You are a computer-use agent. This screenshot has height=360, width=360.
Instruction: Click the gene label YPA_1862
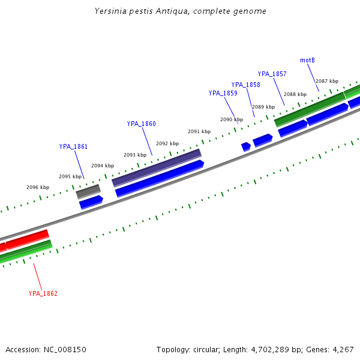[43, 293]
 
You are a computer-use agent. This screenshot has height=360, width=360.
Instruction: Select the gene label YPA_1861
[73, 146]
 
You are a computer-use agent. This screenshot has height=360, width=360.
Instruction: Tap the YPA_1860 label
[141, 124]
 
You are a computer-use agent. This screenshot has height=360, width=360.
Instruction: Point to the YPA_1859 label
[223, 93]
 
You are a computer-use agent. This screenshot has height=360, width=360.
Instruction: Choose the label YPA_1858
[245, 85]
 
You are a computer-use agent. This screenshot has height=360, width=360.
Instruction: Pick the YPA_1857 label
[272, 74]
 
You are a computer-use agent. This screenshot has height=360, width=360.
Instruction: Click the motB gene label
[307, 60]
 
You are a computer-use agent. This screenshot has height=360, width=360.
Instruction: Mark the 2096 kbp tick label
[37, 187]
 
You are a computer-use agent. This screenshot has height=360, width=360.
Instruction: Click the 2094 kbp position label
[102, 166]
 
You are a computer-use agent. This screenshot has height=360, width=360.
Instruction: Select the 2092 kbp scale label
[167, 143]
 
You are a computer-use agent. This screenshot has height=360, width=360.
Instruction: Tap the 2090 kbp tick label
[231, 119]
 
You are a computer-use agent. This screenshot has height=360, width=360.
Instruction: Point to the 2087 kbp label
[327, 81]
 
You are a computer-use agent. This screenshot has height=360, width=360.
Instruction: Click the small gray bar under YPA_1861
[88, 191]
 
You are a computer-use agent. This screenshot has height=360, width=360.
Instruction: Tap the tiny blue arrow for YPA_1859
[245, 146]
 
